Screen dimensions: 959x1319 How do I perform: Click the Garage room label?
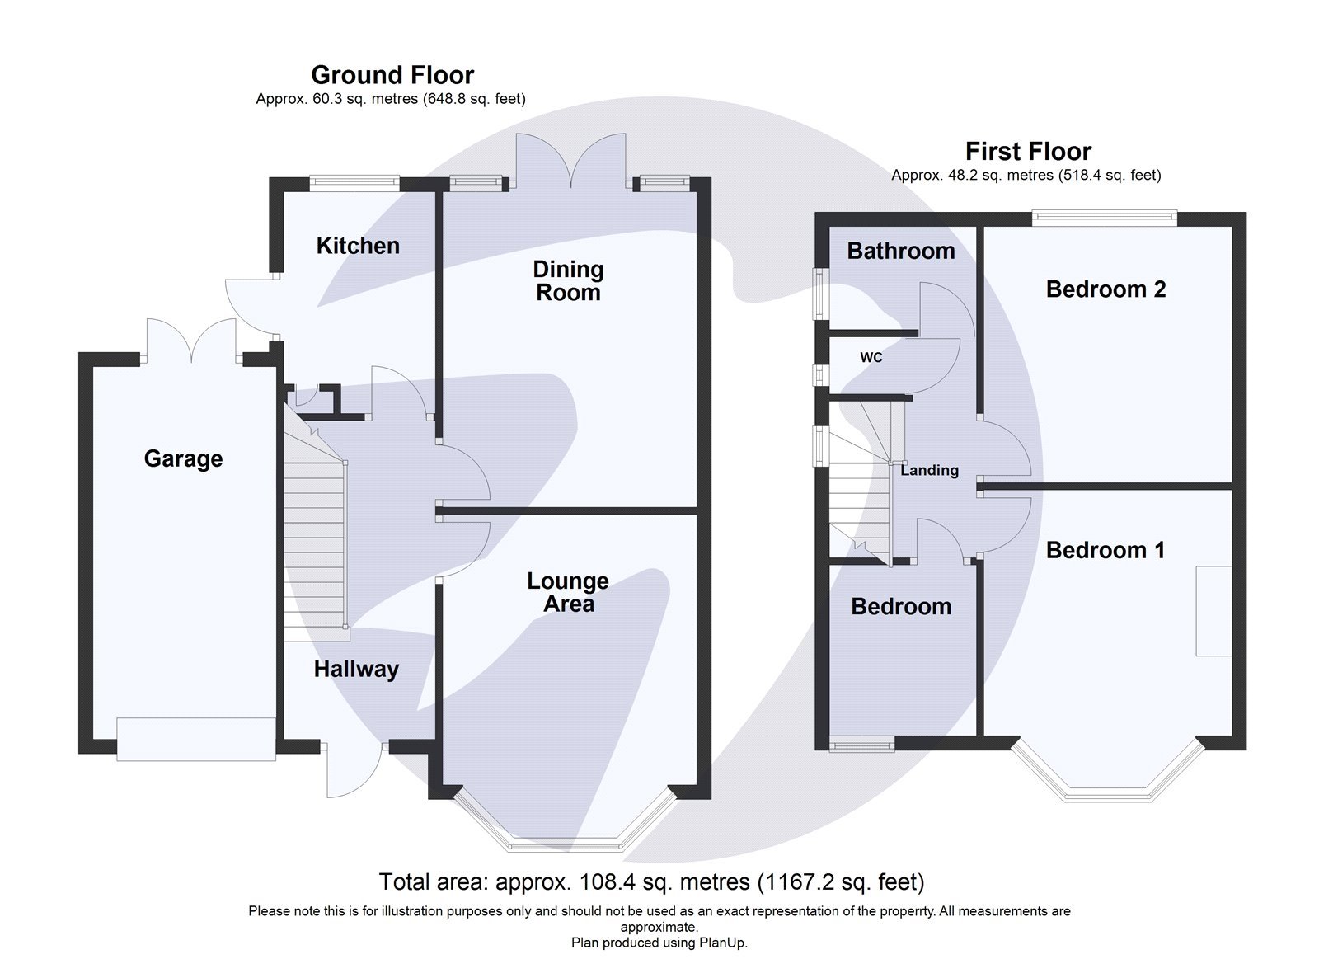[x=183, y=458]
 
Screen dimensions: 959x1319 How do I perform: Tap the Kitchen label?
[x=358, y=246]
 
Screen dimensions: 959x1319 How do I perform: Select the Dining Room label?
[x=568, y=281]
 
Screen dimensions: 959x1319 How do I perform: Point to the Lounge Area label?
[x=568, y=592]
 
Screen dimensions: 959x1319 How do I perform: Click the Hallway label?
[x=356, y=669]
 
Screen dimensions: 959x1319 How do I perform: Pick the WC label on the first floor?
[x=871, y=358]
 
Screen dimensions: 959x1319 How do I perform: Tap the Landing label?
[x=929, y=470]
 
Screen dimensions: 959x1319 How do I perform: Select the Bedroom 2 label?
[x=1105, y=289]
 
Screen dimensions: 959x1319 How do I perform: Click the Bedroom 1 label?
[x=1105, y=550]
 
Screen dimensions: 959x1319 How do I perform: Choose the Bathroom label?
[x=900, y=251]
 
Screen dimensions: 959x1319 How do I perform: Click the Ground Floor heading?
[x=392, y=75]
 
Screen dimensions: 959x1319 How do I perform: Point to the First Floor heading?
[x=1028, y=152]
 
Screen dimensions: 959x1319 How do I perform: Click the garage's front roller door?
[x=195, y=739]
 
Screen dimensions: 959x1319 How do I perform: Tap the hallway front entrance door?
[x=354, y=771]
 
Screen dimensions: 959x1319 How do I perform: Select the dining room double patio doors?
[x=569, y=161]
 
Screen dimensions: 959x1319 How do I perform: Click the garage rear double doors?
[x=191, y=342]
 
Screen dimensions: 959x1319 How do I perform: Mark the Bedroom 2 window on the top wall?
[x=1105, y=217]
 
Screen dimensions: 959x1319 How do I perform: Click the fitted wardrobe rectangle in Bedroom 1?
[x=1213, y=611]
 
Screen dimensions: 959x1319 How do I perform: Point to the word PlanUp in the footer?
[x=723, y=942]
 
